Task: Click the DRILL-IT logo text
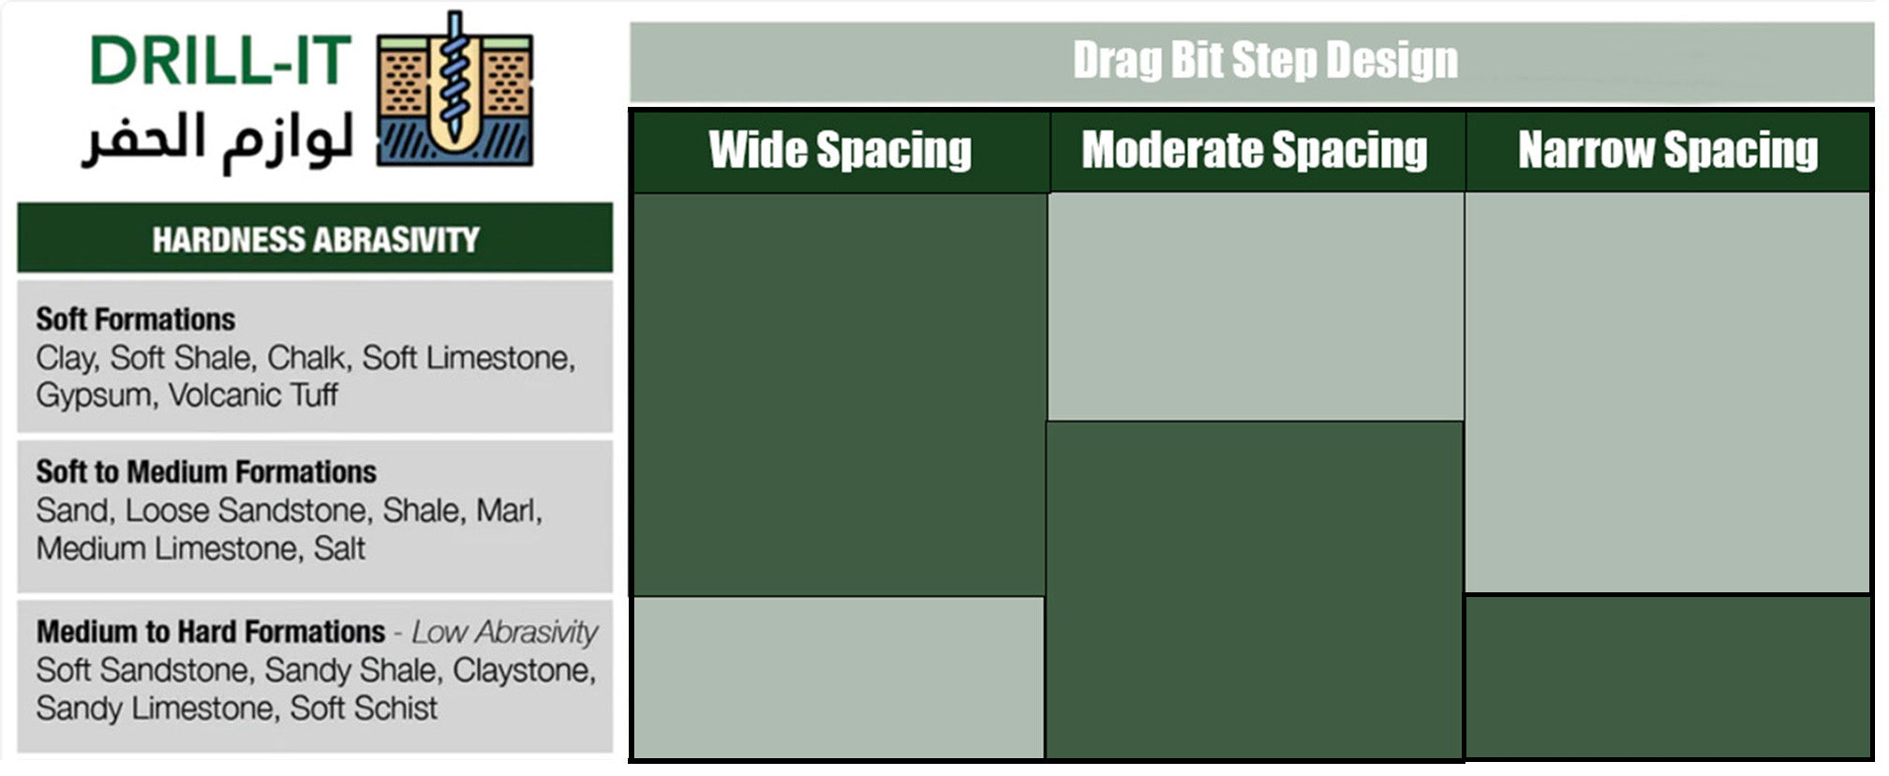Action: [220, 61]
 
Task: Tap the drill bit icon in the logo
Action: [455, 89]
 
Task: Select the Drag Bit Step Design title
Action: [1265, 60]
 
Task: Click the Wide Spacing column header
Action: [840, 150]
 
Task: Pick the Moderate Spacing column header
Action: [1255, 150]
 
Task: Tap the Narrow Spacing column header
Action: [1668, 150]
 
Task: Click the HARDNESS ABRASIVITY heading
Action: [316, 240]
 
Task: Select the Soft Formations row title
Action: [136, 320]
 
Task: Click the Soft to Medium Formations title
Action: [206, 471]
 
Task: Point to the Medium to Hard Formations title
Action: [211, 632]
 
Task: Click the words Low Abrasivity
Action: [505, 633]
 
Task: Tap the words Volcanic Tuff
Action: [253, 395]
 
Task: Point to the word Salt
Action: [339, 548]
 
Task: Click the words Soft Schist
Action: [364, 709]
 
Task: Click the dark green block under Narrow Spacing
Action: [1668, 676]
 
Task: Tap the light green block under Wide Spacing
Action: [839, 678]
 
